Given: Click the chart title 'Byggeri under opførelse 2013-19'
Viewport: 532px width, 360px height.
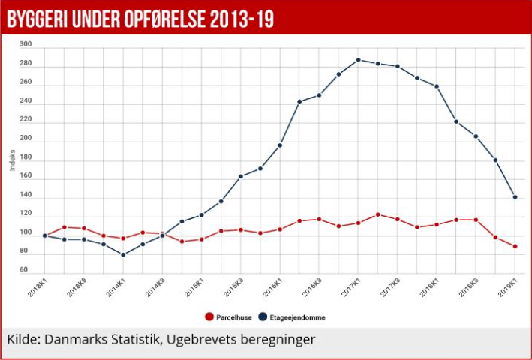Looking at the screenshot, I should [x=140, y=19].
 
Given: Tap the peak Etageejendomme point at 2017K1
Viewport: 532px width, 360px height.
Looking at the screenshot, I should [x=358, y=60].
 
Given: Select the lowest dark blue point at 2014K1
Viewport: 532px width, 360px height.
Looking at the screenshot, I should [x=123, y=255].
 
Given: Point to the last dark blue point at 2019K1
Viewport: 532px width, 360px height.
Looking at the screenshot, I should [x=515, y=197].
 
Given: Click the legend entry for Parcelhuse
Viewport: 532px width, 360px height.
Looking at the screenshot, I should [x=225, y=317].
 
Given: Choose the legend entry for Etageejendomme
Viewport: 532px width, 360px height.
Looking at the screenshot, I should [x=293, y=317].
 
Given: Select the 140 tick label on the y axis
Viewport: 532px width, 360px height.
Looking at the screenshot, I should [x=26, y=195].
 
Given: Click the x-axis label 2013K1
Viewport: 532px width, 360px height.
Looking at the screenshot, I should [x=38, y=286].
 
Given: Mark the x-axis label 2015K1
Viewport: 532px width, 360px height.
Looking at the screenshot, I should [x=195, y=286].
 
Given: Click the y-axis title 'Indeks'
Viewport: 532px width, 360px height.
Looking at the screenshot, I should [x=12, y=158].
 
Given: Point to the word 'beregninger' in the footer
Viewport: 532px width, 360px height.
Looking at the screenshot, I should [x=277, y=340].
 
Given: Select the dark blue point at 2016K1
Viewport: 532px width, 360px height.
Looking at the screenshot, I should [x=280, y=145].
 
